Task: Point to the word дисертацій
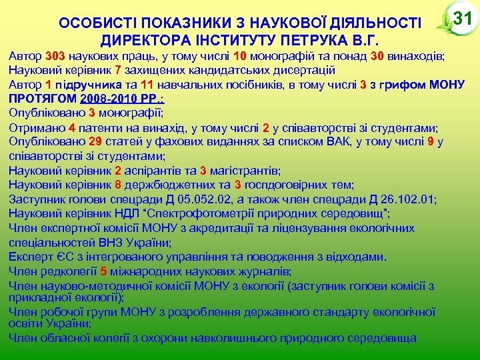pos(301,70)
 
